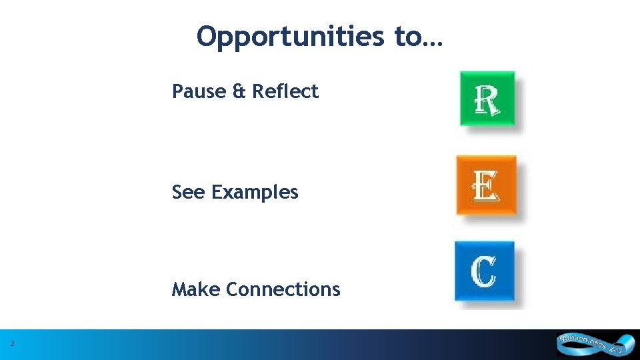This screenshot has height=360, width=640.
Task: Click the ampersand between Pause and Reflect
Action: pos(239,91)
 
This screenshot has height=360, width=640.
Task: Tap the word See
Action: pos(189,192)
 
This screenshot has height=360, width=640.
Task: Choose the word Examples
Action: pos(255,193)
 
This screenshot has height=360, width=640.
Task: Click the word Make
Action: pos(196,289)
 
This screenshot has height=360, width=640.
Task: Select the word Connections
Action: pos(283,289)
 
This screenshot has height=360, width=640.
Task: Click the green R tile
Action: pos(487,99)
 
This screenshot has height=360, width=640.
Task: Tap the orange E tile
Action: pos(486,185)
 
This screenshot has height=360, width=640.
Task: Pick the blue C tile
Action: pos(485,271)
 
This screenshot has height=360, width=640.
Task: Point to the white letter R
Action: pos(487,100)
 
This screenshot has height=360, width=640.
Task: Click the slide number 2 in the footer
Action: pos(13,344)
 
